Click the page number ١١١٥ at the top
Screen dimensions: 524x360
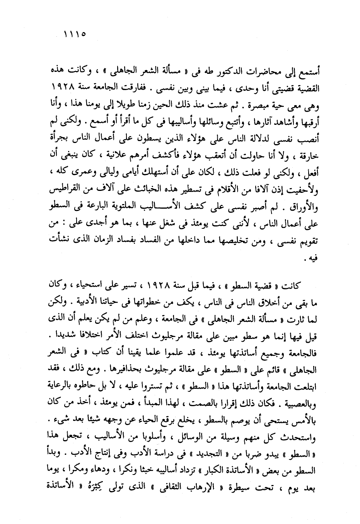tap(75, 34)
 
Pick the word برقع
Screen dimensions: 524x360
tap(164, 428)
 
